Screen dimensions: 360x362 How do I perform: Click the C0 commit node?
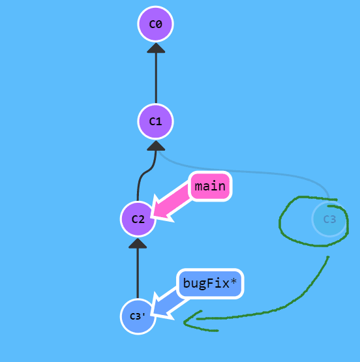(155, 24)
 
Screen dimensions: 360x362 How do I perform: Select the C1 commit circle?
(155, 121)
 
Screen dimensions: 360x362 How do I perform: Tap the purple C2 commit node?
(138, 219)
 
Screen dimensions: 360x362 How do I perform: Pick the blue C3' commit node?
(138, 316)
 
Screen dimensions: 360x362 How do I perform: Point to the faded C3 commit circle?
(329, 219)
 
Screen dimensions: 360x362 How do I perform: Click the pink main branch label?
(210, 187)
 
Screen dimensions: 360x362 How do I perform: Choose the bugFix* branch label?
(210, 284)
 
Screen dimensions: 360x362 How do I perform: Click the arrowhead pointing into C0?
(156, 48)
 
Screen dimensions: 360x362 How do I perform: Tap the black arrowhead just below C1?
(156, 145)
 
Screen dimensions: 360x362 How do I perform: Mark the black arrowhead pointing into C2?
(138, 243)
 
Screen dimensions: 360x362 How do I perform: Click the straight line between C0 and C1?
(156, 78)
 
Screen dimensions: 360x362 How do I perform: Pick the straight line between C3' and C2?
(138, 273)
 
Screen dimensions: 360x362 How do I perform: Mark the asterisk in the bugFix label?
(233, 281)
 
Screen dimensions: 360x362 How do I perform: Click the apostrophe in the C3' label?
(144, 314)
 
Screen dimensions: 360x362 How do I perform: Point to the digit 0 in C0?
(159, 24)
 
